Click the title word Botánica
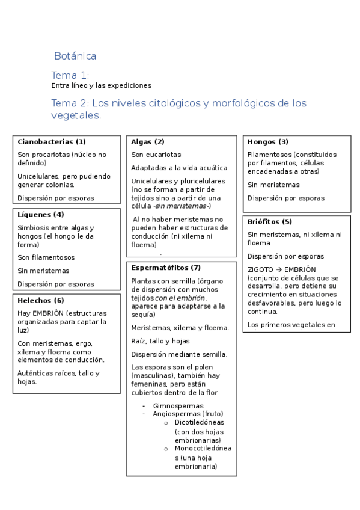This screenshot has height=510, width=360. (x=75, y=56)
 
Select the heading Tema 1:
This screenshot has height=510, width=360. (x=70, y=75)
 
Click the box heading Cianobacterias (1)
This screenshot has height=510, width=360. (x=52, y=142)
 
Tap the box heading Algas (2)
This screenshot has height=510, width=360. (x=148, y=142)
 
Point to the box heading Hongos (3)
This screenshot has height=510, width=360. (x=268, y=142)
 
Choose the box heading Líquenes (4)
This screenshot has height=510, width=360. (x=41, y=214)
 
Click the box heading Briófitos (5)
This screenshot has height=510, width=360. (x=270, y=222)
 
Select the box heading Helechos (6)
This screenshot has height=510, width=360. (x=41, y=300)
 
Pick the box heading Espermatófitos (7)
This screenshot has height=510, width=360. (x=166, y=268)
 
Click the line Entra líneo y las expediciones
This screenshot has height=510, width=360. (x=101, y=86)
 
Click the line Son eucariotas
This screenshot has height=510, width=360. (x=156, y=155)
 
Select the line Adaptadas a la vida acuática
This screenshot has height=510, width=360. (x=179, y=168)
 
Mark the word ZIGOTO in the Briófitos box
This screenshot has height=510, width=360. (x=260, y=269)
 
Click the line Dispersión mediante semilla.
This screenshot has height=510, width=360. (x=179, y=354)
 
